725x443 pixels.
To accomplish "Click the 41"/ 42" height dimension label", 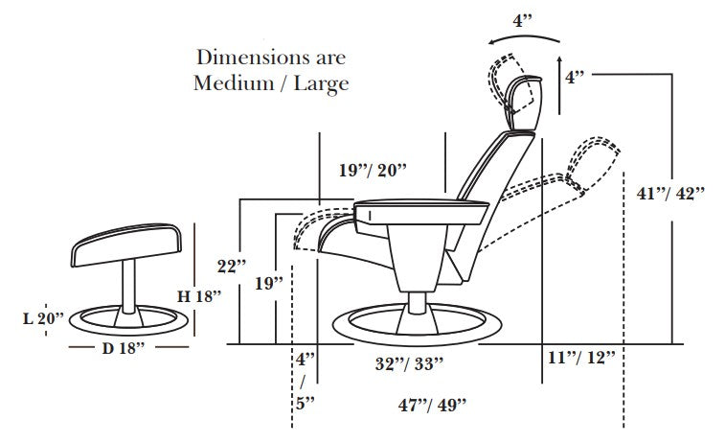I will tap(669, 192).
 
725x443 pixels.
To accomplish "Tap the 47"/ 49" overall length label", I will tap(431, 406).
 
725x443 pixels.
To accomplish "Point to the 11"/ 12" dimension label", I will tap(579, 359).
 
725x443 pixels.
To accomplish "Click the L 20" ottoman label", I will tap(44, 316).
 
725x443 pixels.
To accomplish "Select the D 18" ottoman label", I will tap(123, 347).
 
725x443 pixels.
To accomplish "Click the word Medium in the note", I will tap(230, 82).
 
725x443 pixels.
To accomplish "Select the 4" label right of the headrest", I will tap(575, 78).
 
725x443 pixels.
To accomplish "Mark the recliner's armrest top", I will tap(421, 204).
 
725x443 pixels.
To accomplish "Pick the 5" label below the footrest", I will tap(305, 403).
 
